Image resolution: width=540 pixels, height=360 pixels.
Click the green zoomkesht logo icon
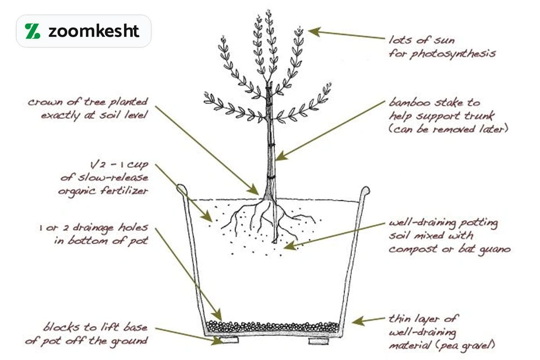(32, 31)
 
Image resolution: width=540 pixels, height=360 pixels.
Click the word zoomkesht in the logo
(94, 31)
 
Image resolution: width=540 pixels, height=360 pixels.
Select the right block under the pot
(319, 341)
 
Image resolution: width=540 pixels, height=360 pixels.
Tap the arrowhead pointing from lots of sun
(314, 31)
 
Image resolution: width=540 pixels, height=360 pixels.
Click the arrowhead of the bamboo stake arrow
(281, 156)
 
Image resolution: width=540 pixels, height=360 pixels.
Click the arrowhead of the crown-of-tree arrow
(254, 190)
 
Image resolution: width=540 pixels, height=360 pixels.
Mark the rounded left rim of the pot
(182, 189)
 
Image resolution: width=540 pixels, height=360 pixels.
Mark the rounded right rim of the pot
(365, 191)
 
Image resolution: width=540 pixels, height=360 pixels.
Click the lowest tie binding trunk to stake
(270, 178)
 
